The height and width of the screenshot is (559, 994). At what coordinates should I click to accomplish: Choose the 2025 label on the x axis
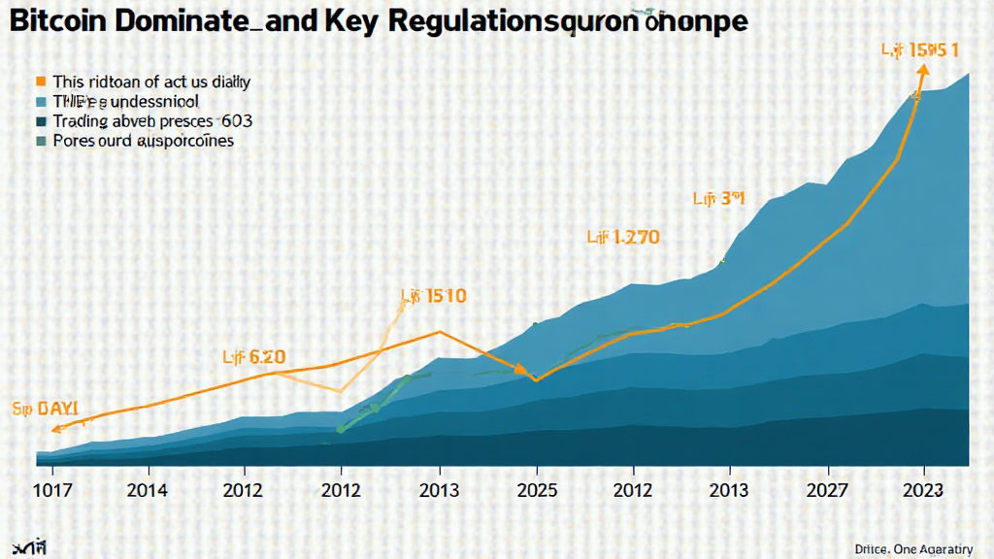pos(536,490)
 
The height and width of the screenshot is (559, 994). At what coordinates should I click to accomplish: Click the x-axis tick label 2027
pos(825,490)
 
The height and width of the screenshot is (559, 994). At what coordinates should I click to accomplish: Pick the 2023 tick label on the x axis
pos(922,490)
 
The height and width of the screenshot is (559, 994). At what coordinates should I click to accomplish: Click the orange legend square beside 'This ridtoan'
pos(41,82)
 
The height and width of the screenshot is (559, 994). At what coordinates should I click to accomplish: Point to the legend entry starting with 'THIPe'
pos(125,102)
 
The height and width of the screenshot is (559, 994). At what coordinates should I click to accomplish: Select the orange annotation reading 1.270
pos(623,236)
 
